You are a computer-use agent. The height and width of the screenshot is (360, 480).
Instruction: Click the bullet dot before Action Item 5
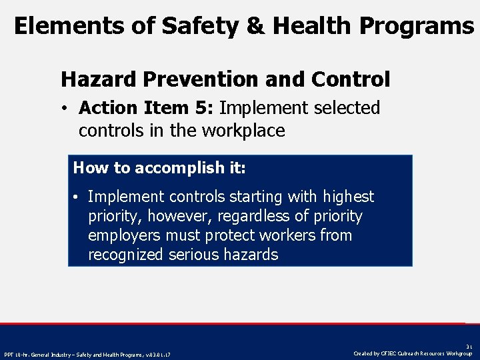pos(69,109)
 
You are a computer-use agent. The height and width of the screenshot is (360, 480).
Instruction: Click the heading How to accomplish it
pos(159,167)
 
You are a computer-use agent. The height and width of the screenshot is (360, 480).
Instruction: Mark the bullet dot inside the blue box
pos(77,197)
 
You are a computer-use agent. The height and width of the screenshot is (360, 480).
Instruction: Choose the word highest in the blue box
pos(348,197)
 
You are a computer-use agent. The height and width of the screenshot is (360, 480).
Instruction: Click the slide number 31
pos(469,347)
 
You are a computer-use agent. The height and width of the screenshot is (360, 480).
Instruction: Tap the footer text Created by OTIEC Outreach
pos(413,353)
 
